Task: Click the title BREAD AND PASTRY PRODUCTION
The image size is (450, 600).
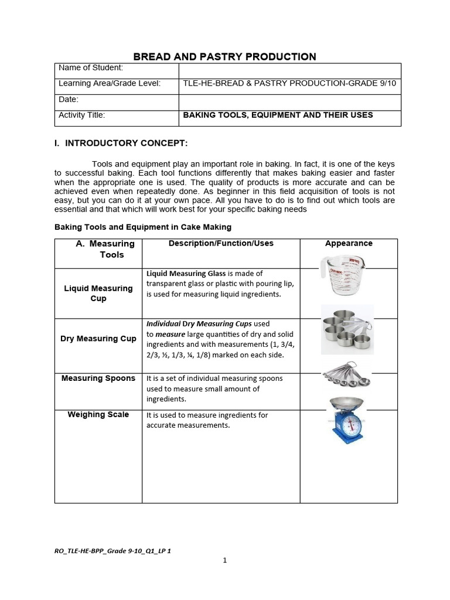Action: [x=225, y=57]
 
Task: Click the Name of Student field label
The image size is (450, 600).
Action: [x=91, y=68]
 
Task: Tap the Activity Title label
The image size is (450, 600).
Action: [x=82, y=115]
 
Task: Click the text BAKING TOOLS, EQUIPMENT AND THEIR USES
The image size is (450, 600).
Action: [x=278, y=115]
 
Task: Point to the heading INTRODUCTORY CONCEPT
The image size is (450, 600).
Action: [x=126, y=144]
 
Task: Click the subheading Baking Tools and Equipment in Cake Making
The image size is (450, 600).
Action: [x=143, y=227]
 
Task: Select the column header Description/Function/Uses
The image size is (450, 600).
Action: [x=221, y=244]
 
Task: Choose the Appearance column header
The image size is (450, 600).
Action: [x=349, y=244]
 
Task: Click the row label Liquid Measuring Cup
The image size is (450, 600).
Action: [x=98, y=294]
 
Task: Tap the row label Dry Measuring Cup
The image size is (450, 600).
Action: [x=98, y=339]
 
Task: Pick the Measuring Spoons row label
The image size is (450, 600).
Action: [x=98, y=379]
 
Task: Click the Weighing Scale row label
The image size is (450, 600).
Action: [x=98, y=415]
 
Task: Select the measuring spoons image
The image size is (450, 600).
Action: [x=346, y=376]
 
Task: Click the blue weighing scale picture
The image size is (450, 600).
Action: [x=346, y=420]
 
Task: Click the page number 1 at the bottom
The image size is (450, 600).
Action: [x=224, y=561]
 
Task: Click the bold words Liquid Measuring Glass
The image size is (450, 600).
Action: [x=185, y=274]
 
